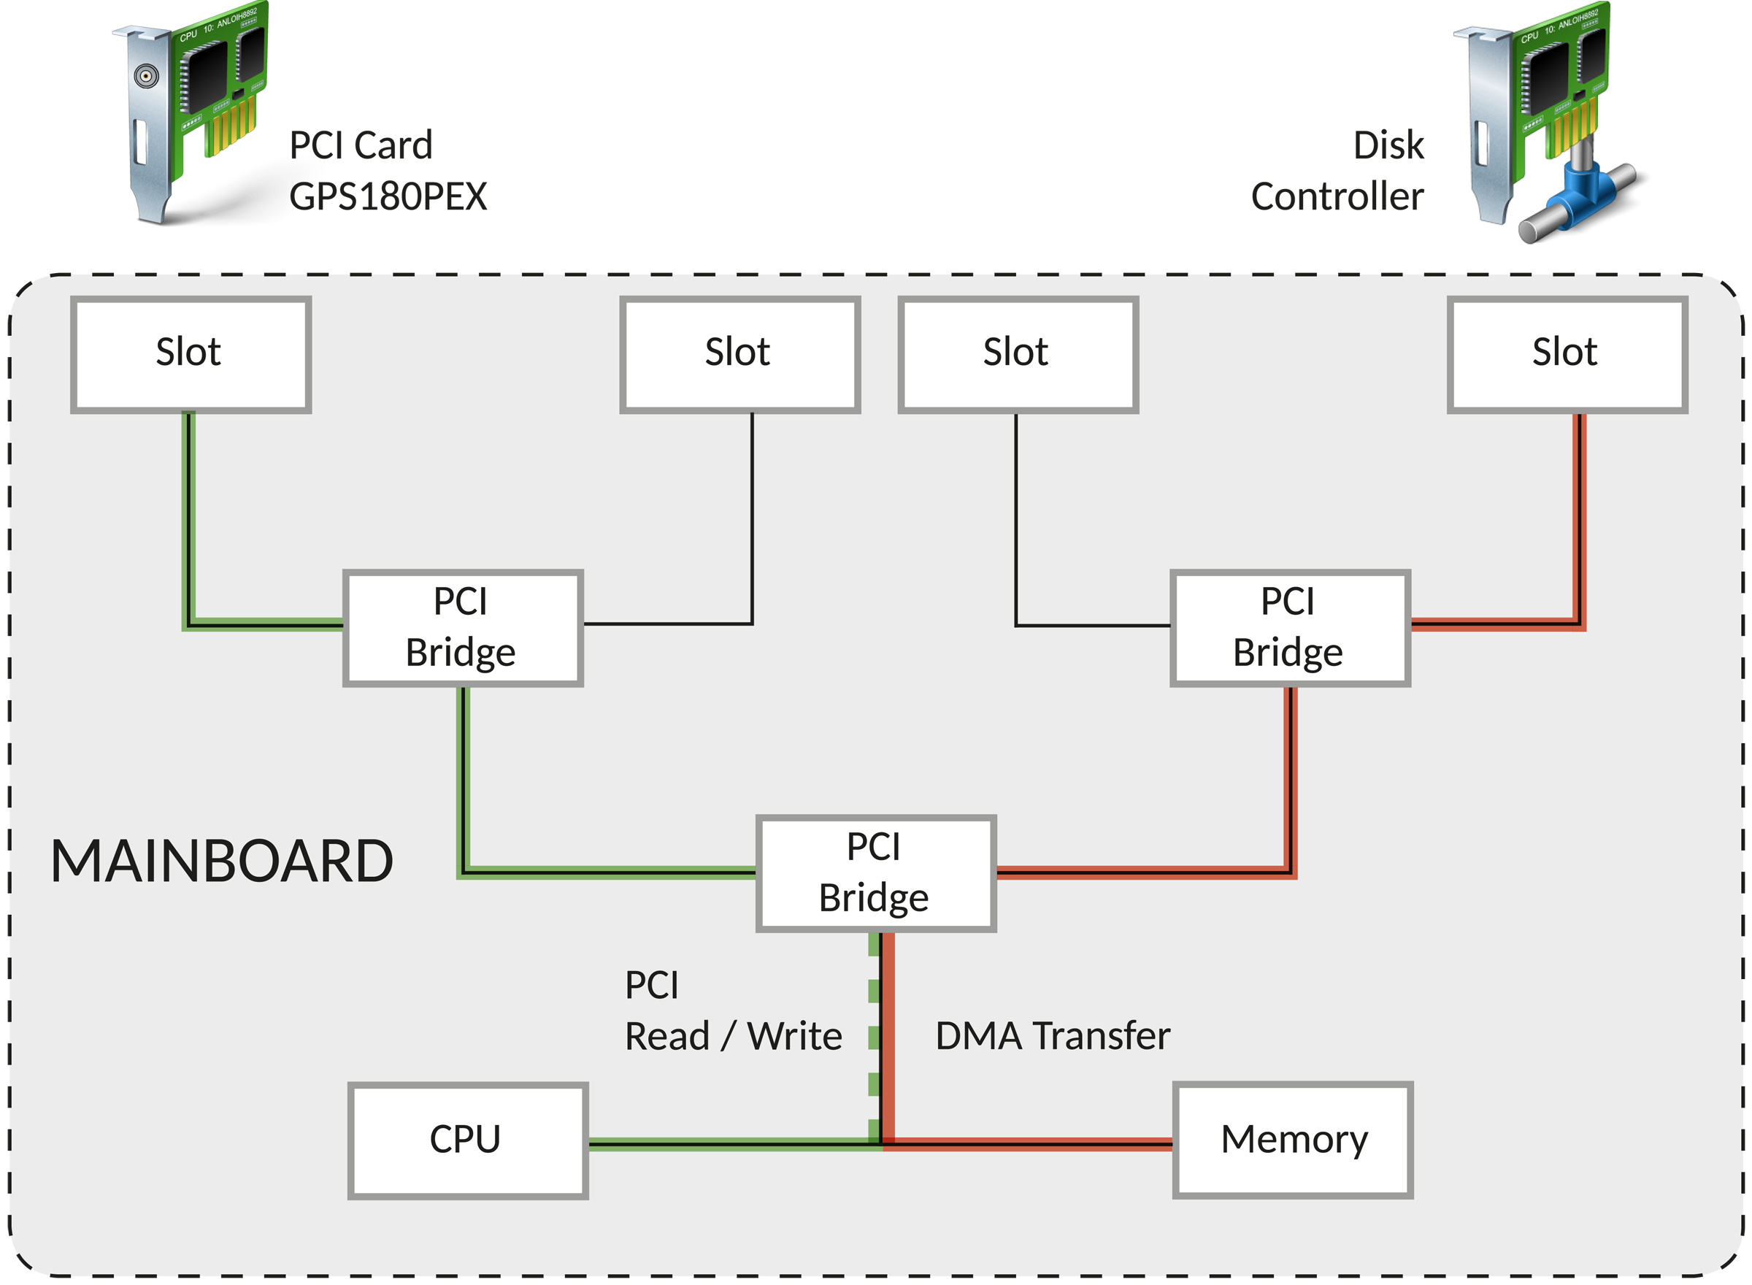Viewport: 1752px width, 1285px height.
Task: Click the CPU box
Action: point(467,1140)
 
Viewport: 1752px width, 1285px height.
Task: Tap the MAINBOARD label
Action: point(222,862)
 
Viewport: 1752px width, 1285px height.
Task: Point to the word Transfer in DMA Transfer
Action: point(1103,1036)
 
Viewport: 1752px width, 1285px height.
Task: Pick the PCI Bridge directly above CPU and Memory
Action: point(875,872)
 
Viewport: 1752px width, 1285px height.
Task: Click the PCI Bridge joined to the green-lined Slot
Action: point(463,628)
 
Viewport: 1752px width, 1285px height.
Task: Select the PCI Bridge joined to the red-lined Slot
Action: point(1290,628)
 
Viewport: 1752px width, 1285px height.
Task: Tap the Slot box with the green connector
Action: point(191,354)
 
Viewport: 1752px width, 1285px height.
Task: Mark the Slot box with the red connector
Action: point(1567,354)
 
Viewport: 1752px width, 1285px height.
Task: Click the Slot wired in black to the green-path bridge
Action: point(739,354)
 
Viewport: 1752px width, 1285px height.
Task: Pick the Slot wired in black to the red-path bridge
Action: point(1018,354)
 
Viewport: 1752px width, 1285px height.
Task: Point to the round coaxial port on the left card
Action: point(146,76)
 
